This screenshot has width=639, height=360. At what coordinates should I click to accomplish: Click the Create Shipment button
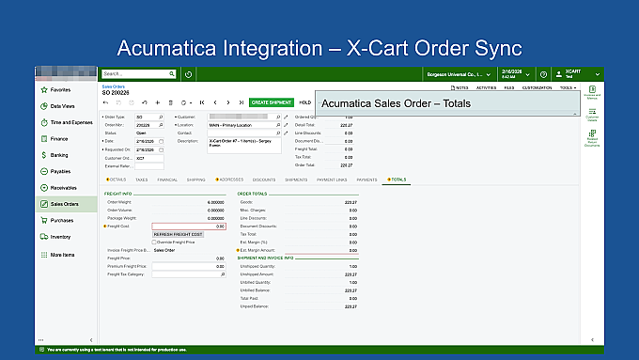tap(272, 102)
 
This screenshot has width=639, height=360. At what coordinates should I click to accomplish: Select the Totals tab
tap(397, 179)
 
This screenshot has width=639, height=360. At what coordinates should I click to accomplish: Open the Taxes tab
tap(141, 179)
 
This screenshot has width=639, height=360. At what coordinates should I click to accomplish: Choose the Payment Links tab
tap(332, 179)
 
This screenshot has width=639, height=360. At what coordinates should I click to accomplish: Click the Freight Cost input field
tap(188, 226)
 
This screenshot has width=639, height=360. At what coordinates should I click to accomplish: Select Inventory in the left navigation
tap(60, 237)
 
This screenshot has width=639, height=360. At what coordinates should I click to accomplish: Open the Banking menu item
tap(58, 155)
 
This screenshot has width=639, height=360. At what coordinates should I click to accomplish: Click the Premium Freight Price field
tap(188, 266)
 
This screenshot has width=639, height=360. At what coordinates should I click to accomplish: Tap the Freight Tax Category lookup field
tap(188, 274)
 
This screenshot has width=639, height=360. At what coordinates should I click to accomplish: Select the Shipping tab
tap(195, 179)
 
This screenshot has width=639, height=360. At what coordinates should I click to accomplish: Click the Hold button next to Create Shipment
tap(304, 102)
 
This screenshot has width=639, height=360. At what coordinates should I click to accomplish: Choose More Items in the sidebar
tap(63, 255)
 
